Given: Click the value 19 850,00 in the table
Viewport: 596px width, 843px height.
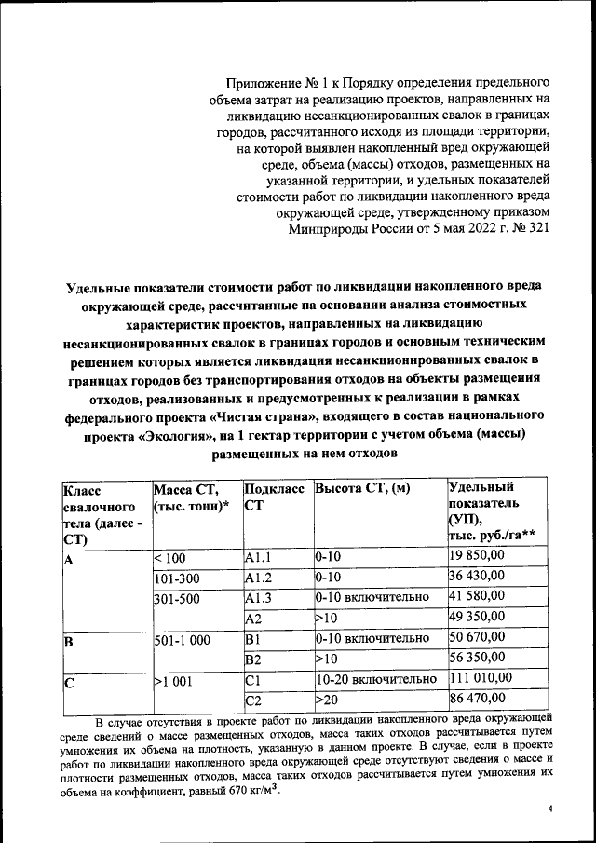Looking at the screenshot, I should point(477,557).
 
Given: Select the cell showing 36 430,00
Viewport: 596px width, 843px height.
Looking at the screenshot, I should point(477,577).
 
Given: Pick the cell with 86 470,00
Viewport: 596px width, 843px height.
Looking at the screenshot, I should point(477,698).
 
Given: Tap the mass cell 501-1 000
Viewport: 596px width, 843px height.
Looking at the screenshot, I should point(182,639).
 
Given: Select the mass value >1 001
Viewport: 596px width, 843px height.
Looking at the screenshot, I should point(174,680).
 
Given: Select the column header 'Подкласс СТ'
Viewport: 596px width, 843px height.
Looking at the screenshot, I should point(273,496).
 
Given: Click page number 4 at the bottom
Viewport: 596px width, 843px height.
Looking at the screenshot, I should point(550,809).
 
